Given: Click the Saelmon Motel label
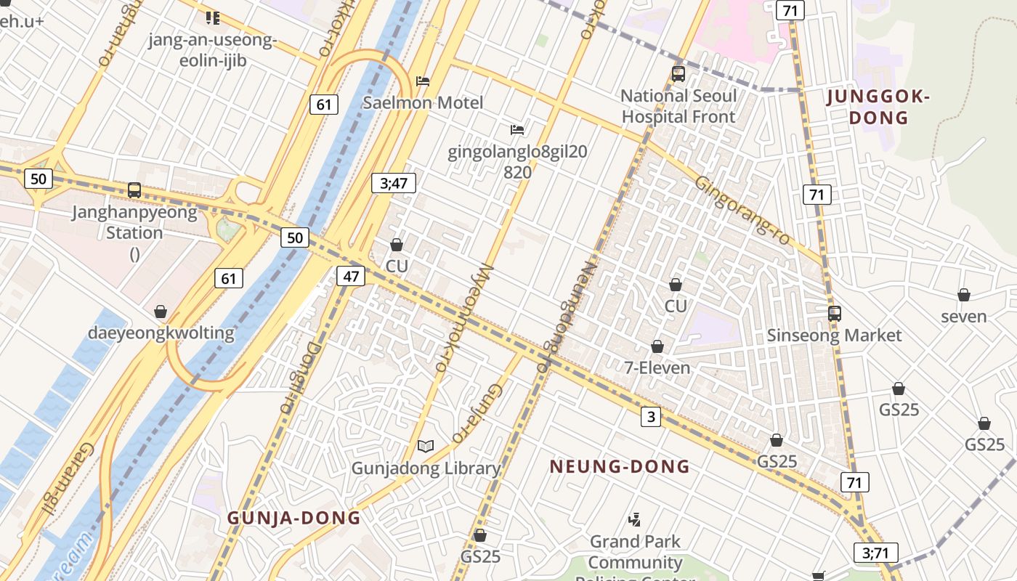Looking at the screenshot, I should (x=423, y=102).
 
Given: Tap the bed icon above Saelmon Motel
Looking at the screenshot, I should (x=423, y=81).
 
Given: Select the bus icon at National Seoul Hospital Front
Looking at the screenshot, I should (x=678, y=73).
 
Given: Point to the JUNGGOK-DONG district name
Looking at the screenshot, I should (x=879, y=107).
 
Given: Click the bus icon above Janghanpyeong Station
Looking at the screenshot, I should (x=134, y=190).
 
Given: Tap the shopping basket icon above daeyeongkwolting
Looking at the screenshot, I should (x=161, y=312).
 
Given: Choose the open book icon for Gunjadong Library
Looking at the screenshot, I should (x=426, y=446).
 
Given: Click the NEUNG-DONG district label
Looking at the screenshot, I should (x=619, y=466).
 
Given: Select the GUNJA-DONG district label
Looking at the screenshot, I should (x=293, y=518).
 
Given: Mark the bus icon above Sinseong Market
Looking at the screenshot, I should (x=835, y=314).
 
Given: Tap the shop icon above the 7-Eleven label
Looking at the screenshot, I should (x=657, y=346).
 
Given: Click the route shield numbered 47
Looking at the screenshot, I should (x=352, y=276).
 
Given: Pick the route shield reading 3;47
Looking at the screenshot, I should (x=394, y=183).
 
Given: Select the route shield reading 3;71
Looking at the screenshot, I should (x=875, y=553).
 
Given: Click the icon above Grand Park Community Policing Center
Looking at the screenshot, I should (x=635, y=519).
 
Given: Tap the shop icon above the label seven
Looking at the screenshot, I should (x=964, y=295).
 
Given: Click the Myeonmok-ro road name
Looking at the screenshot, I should (x=463, y=317).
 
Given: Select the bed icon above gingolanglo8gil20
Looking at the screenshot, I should (x=517, y=130).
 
